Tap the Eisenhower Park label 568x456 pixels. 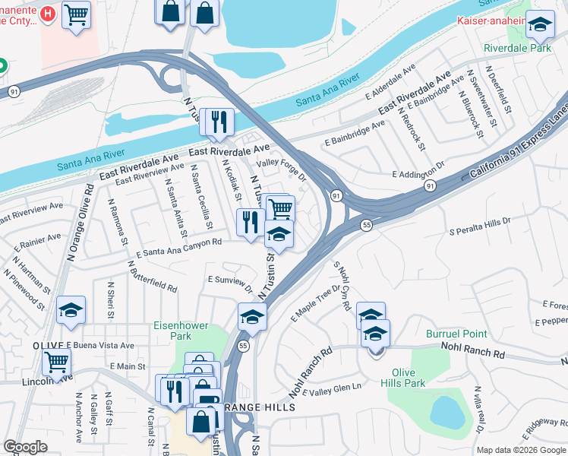coord(180,331)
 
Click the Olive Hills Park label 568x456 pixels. coord(408,378)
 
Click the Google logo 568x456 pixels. coord(26,447)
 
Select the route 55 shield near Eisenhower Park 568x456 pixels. coord(243,346)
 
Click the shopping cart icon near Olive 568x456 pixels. coord(56,363)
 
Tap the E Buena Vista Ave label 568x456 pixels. coord(100,345)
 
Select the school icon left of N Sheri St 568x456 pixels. coord(71,309)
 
